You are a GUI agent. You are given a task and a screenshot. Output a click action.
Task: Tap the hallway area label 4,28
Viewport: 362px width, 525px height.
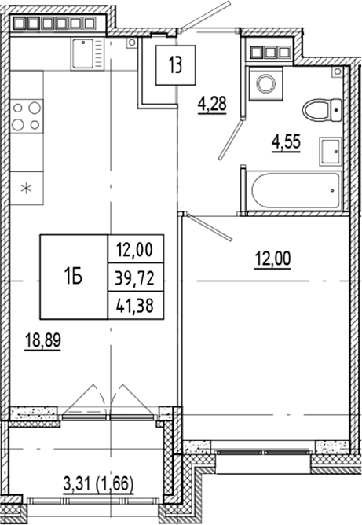211,104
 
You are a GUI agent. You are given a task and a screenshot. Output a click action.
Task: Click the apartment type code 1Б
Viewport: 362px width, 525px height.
74,275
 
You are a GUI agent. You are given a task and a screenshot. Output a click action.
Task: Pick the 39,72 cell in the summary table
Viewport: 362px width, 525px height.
135,276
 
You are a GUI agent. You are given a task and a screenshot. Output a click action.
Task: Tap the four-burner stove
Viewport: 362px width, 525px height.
26,116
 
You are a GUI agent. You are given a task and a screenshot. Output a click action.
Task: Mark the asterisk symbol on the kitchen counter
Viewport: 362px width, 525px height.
26,188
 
